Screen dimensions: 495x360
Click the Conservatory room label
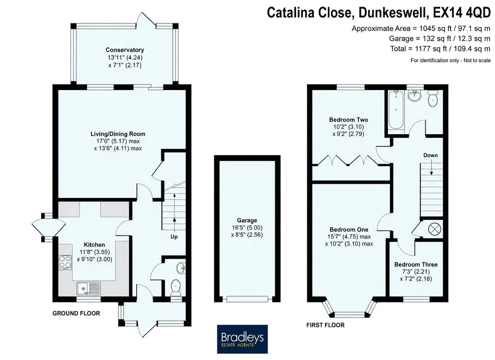coord(125,50)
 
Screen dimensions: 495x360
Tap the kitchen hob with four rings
coord(65,262)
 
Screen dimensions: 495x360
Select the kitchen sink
coord(89,288)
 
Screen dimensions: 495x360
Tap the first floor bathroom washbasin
coord(415,96)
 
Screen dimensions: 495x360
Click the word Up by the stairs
coord(174,237)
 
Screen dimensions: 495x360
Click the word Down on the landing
coord(431,155)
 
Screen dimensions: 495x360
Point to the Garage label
coord(247,220)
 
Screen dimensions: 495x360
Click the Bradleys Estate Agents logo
coord(242,339)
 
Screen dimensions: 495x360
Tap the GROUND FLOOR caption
coord(76,313)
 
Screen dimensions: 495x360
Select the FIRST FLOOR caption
coord(326,325)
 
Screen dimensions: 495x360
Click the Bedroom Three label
coord(416,265)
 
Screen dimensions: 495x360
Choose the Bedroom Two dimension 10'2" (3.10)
coord(349,127)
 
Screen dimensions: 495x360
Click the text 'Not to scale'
coord(477,60)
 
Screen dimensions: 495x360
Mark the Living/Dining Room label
coord(118,134)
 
